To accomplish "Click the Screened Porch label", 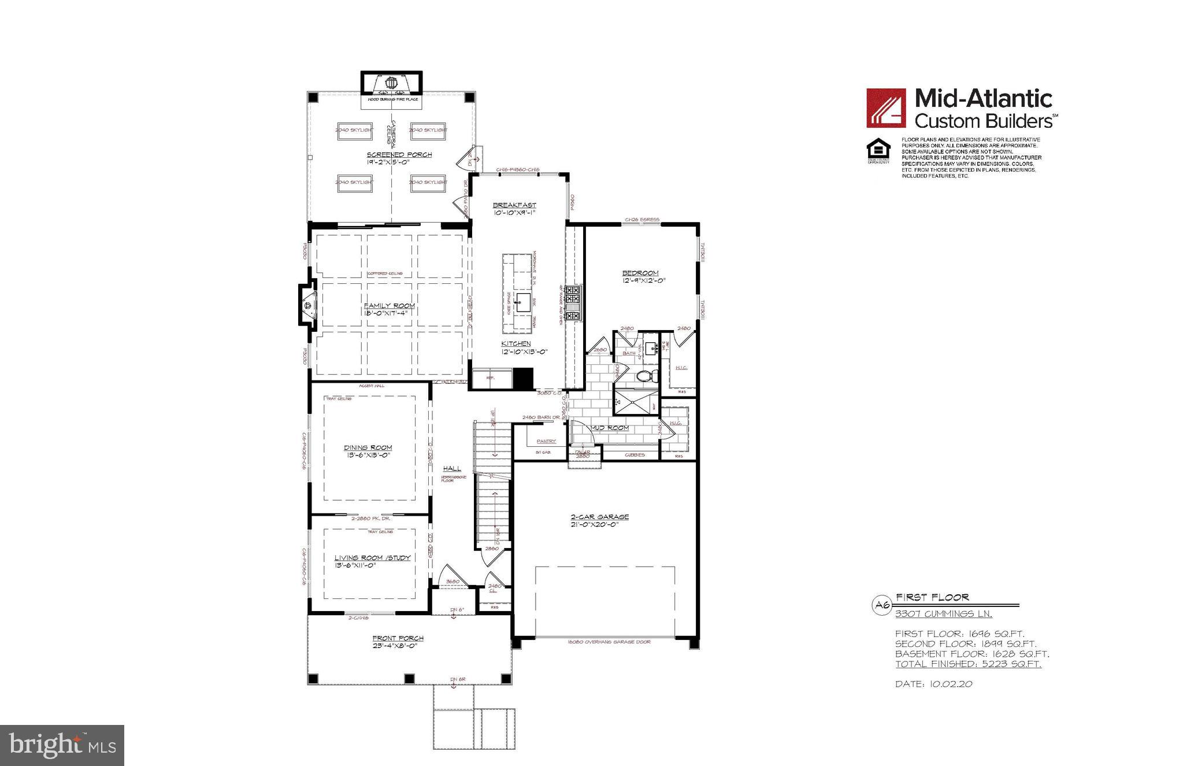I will [399, 155].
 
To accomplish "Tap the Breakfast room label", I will [514, 205].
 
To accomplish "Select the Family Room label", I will [389, 306].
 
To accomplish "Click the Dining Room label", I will [368, 447].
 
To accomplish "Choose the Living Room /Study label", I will [372, 558].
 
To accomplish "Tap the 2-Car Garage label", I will [599, 517].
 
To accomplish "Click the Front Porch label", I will [398, 638].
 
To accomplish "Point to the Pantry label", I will [546, 441].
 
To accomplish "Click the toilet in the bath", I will [645, 376].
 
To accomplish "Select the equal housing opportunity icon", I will [878, 150].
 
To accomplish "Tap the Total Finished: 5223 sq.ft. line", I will [968, 664].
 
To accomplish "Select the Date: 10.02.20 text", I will [933, 684].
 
